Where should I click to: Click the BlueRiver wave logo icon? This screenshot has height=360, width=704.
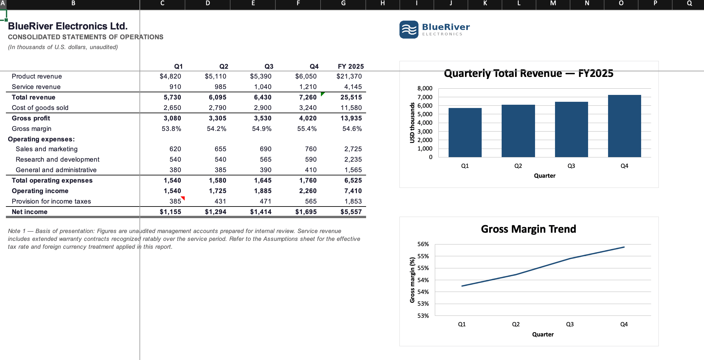409,29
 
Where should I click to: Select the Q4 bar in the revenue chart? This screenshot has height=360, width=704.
624,126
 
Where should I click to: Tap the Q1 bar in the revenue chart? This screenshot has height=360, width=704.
465,133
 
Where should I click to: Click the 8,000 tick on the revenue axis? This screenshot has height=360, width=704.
425,88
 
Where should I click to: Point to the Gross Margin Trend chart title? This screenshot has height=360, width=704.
528,229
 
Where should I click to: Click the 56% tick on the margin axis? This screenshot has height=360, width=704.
423,244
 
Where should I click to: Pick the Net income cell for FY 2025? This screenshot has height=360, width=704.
351,212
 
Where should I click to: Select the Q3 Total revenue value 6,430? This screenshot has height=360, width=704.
263,97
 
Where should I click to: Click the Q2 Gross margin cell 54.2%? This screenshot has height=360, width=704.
216,129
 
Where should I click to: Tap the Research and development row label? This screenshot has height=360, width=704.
57,159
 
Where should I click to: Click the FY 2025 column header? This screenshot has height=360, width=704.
351,66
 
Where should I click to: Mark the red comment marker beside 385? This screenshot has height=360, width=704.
183,198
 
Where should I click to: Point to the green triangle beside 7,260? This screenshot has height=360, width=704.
323,94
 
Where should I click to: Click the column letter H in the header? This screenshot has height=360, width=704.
382,3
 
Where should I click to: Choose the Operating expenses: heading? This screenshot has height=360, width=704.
41,139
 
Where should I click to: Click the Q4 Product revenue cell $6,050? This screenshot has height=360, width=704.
306,76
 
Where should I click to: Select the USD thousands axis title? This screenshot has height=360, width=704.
412,123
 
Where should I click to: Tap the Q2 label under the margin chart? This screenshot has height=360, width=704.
516,324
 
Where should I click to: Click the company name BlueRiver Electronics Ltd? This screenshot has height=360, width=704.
68,26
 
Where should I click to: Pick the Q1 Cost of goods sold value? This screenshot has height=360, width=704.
172,108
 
